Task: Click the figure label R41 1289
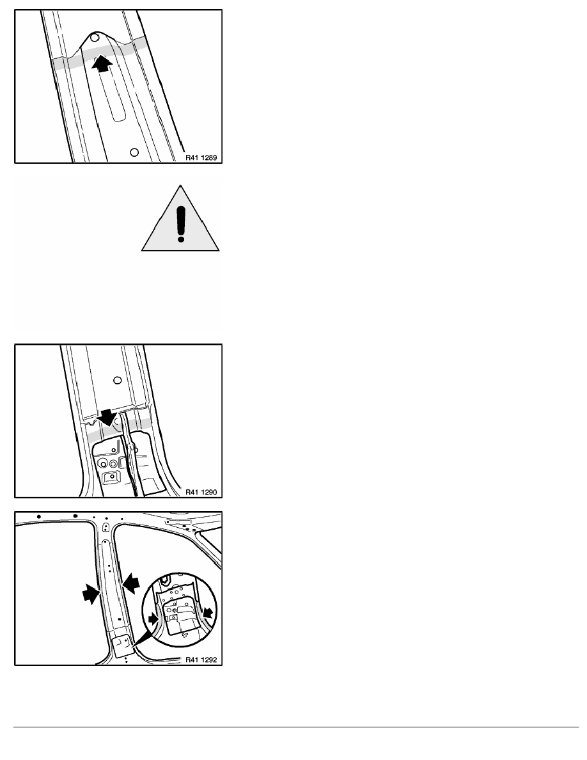201,157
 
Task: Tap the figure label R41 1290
201,492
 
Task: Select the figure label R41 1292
201,660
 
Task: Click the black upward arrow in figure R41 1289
102,63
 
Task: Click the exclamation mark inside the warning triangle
181,224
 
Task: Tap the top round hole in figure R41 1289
95,37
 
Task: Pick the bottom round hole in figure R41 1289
135,152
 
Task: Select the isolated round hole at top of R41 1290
117,381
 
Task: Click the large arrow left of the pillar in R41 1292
91,593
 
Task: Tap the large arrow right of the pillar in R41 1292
130,582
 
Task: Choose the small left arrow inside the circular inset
153,618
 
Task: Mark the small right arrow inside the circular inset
208,613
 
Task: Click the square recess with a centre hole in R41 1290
113,477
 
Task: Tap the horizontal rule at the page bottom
296,727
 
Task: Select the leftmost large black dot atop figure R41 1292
39,517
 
